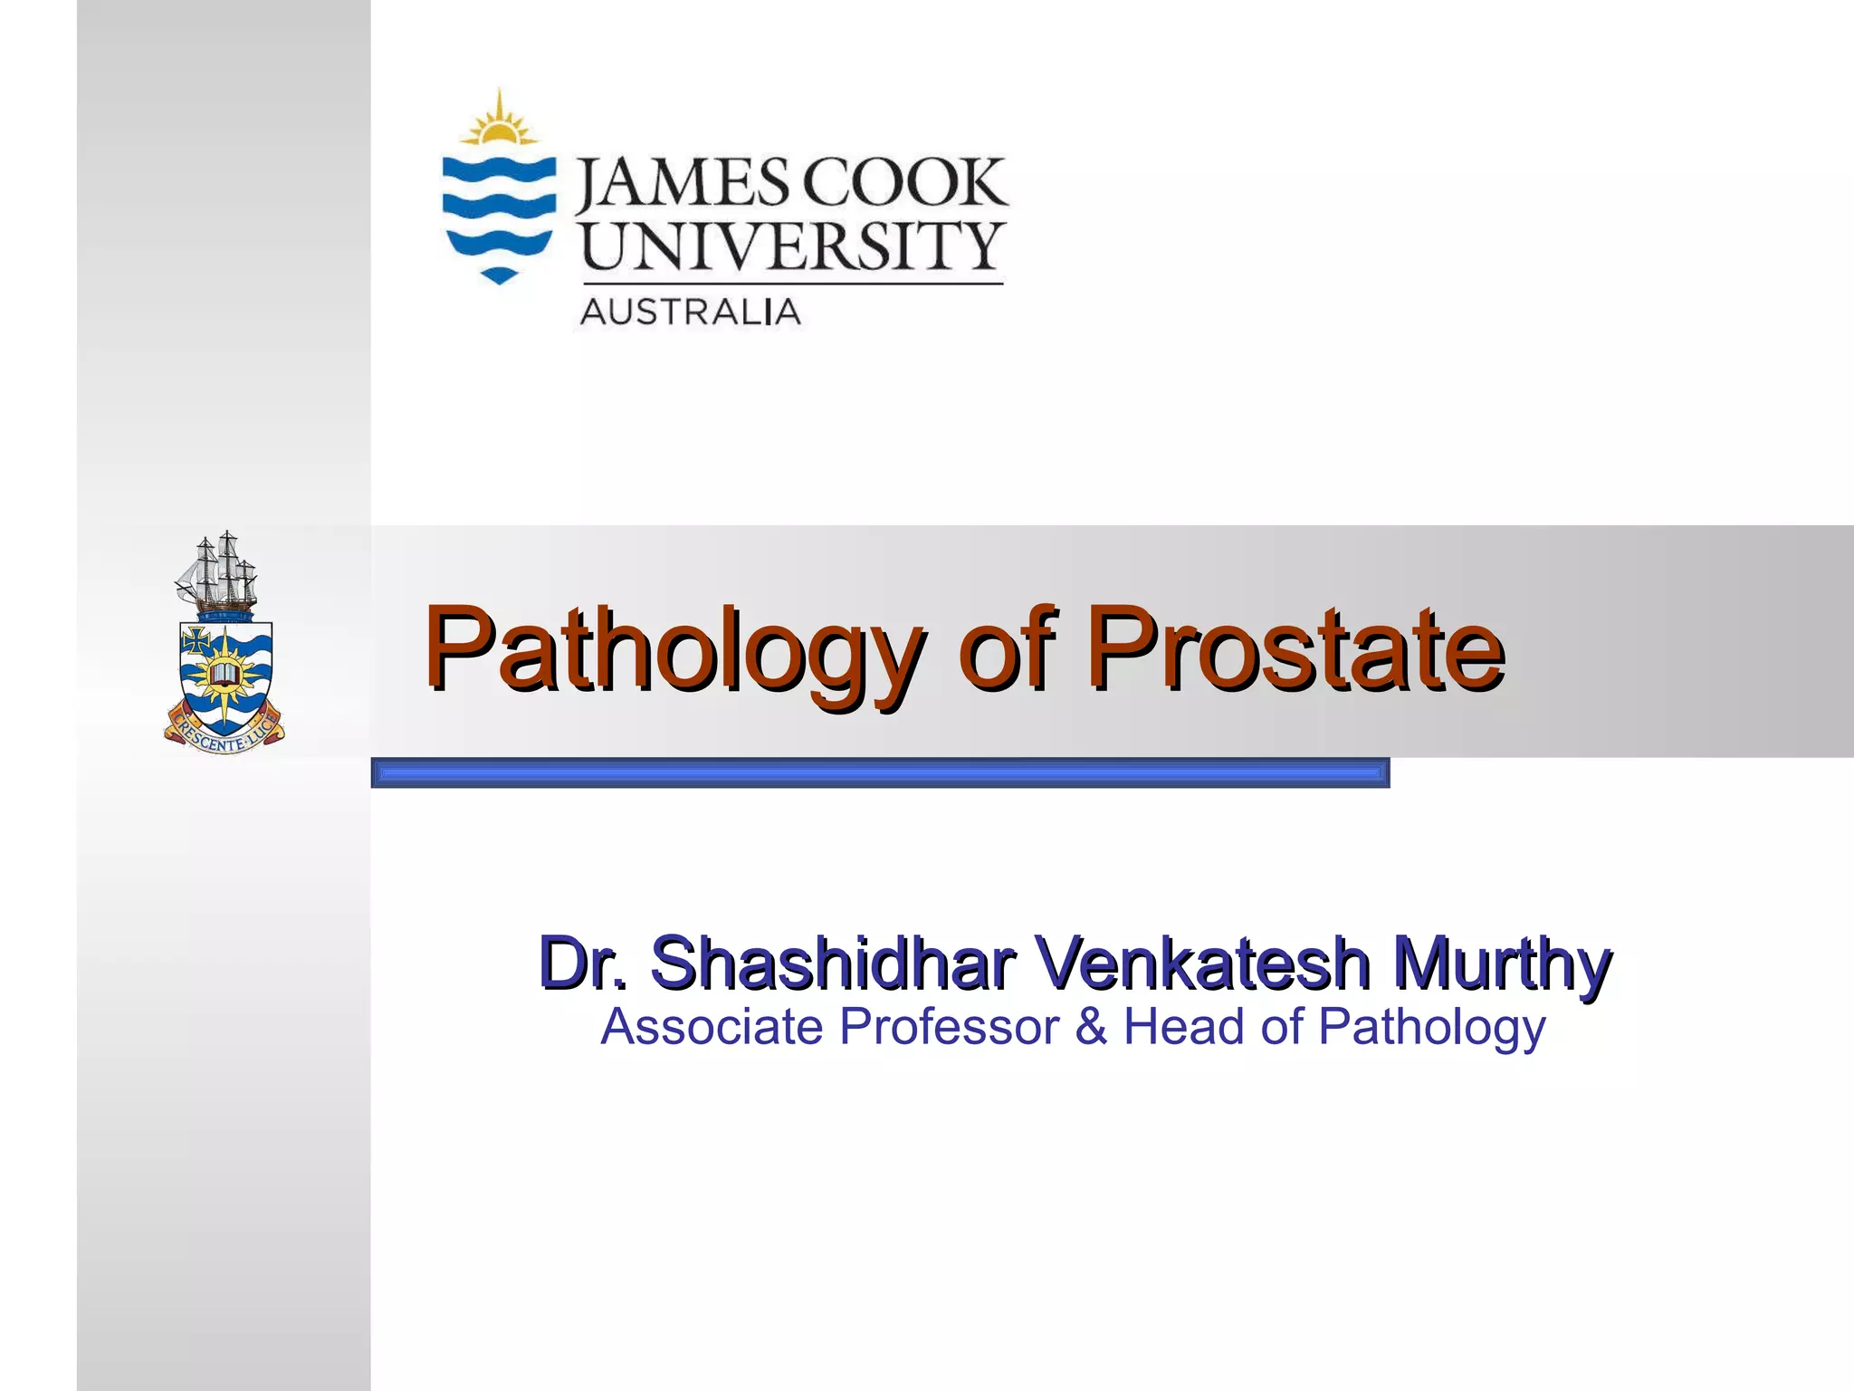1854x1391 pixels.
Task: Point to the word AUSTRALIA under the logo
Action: (690, 312)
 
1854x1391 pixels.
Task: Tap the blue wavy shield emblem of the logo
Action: (498, 217)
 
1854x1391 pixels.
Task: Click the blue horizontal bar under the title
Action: (880, 773)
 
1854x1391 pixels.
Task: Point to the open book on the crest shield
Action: (223, 674)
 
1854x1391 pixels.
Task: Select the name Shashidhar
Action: (832, 962)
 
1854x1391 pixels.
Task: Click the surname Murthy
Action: (1502, 964)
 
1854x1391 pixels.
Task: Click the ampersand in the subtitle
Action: (1091, 1027)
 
